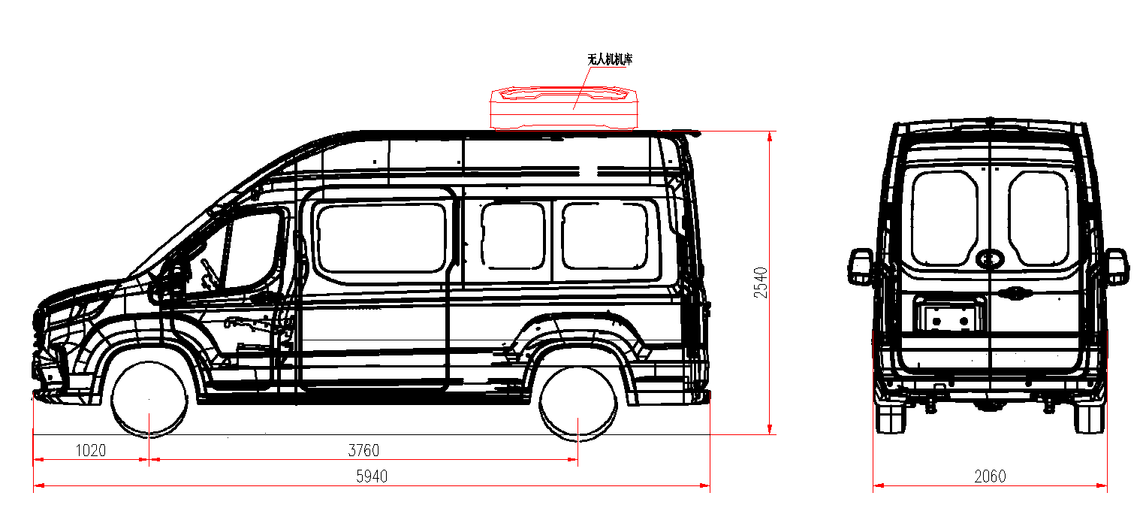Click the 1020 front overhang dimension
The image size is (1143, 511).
(x=91, y=450)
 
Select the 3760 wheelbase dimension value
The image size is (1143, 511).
(x=363, y=450)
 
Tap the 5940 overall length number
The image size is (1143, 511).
(x=372, y=476)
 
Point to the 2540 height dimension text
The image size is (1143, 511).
(x=760, y=283)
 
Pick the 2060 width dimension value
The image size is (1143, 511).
(x=990, y=476)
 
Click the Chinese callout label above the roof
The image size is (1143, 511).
(x=610, y=59)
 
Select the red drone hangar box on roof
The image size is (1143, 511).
(x=564, y=108)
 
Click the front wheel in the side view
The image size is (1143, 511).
(x=149, y=399)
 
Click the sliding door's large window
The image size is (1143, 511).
(x=382, y=238)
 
